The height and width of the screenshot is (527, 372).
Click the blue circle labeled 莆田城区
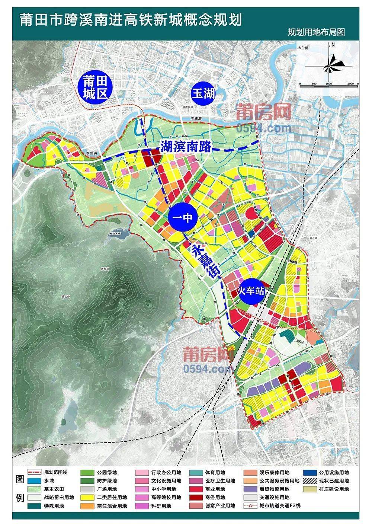click(x=95, y=87)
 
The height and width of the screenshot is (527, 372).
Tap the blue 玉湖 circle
click(x=203, y=93)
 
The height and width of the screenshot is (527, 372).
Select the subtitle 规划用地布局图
click(x=316, y=32)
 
